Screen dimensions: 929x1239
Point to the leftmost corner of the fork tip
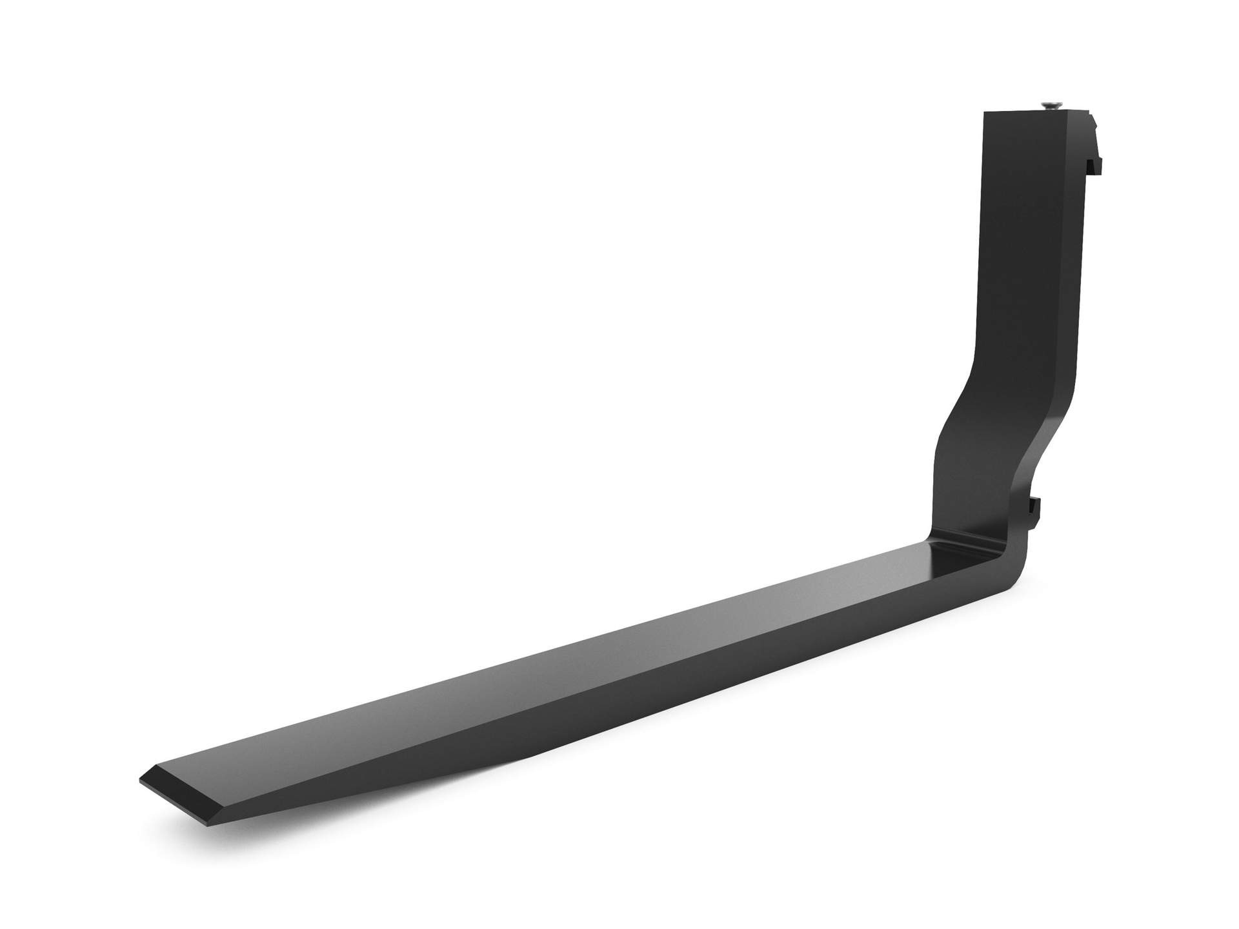[139, 779]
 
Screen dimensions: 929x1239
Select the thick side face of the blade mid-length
[710, 697]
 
